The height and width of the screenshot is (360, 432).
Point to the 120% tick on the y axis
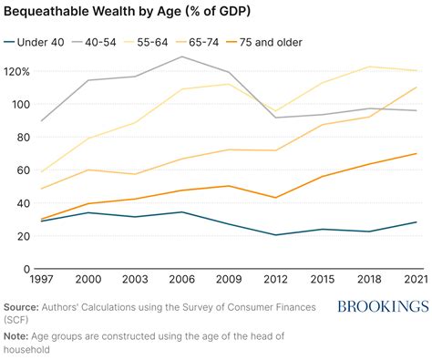[16, 72]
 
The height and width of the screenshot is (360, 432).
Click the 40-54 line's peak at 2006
[181, 57]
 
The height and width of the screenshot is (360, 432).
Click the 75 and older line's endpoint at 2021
[417, 153]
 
